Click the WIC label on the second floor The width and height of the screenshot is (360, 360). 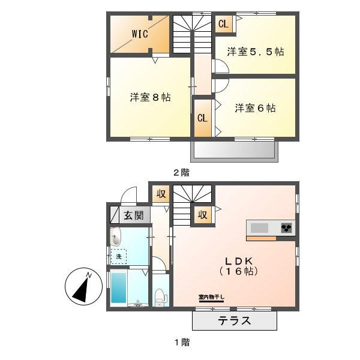tap(140, 34)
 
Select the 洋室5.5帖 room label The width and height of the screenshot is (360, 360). tap(255, 52)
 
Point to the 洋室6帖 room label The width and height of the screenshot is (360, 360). tap(255, 108)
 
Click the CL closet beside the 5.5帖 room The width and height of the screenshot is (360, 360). tap(223, 24)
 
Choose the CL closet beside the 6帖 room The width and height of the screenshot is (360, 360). tap(202, 118)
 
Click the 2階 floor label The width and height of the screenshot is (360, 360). tap(181, 172)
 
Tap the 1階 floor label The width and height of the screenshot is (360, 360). tap(182, 343)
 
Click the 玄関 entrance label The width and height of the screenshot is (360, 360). tap(133, 214)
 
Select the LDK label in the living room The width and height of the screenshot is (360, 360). tap(241, 260)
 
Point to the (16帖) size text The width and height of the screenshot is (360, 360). tap(241, 271)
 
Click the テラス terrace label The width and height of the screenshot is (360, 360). tap(233, 321)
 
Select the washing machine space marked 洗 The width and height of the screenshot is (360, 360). tap(119, 257)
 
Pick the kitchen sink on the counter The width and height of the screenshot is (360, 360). tap(260, 228)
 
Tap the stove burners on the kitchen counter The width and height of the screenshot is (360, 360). tap(286, 227)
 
